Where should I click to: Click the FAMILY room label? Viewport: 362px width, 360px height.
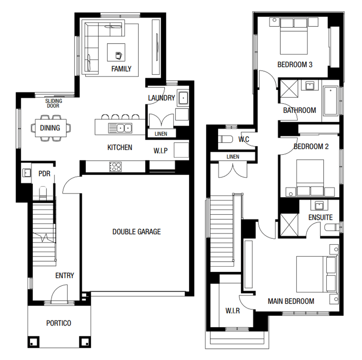click(x=121, y=69)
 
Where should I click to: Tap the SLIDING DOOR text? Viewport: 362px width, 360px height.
click(x=53, y=104)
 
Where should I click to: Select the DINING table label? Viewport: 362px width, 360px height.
click(x=50, y=128)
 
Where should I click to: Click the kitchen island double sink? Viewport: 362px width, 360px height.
click(x=120, y=128)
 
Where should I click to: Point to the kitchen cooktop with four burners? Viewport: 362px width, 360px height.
click(x=115, y=167)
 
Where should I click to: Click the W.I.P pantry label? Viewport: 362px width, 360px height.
click(x=161, y=151)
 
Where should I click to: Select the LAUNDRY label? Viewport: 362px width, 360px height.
click(x=161, y=98)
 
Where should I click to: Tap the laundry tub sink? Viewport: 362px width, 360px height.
click(x=183, y=98)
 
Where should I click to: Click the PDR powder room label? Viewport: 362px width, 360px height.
click(x=44, y=174)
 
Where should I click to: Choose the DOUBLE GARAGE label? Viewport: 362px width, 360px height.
click(x=137, y=232)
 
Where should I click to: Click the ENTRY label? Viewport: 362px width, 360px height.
click(x=64, y=276)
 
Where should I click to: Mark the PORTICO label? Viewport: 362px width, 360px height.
click(x=59, y=323)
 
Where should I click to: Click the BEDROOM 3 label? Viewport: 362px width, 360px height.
click(x=295, y=64)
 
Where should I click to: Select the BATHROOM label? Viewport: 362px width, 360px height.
click(x=300, y=110)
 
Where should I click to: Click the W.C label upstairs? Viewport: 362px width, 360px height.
click(x=244, y=140)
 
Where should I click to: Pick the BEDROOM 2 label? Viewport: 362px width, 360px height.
click(x=311, y=147)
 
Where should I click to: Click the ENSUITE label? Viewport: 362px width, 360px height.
click(x=320, y=218)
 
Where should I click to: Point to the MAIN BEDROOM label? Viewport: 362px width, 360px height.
click(x=291, y=301)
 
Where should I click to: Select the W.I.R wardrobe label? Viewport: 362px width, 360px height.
click(x=232, y=311)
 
